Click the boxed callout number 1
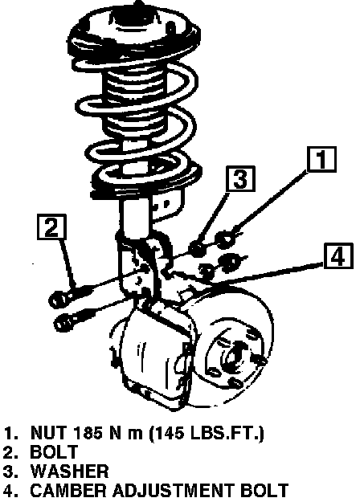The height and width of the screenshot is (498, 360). pos(321,159)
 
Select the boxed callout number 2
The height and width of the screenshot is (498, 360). pos(51,227)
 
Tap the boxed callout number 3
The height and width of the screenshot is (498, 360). pos(240,178)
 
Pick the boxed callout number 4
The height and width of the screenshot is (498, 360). pos(338,256)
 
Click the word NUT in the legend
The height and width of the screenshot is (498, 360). pos(49,432)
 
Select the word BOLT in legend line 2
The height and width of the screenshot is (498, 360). pos(54,451)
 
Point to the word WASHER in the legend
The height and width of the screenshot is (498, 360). pos(70,471)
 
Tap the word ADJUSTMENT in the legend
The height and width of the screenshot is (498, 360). pos(172,490)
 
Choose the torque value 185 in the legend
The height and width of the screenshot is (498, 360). pos(88,432)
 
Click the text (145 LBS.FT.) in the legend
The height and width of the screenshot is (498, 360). pos(207,433)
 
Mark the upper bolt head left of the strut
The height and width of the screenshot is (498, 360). pos(58,299)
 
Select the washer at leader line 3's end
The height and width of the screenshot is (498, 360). pos(198,249)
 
